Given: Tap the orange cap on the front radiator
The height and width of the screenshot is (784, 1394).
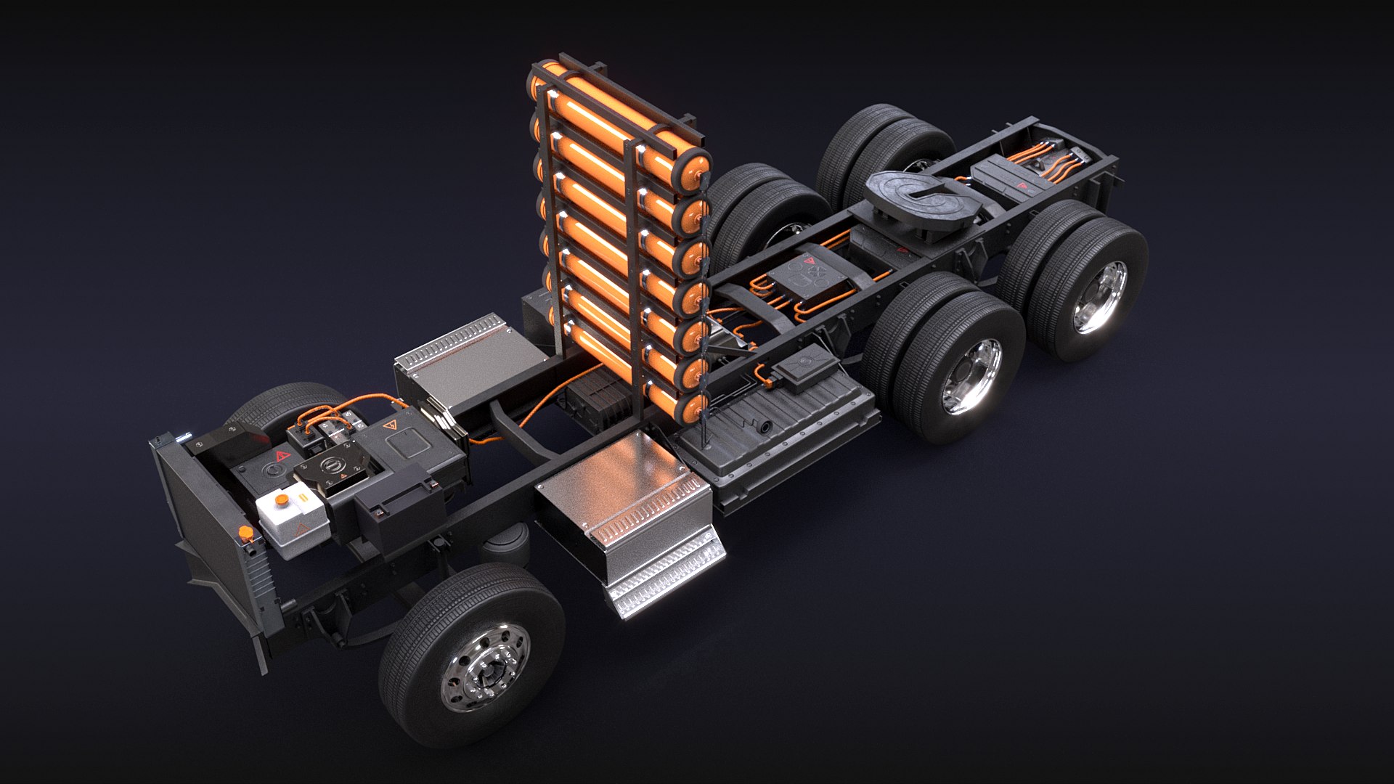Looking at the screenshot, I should (245, 536).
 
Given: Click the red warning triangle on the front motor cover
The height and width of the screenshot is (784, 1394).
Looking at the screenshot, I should (280, 457).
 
